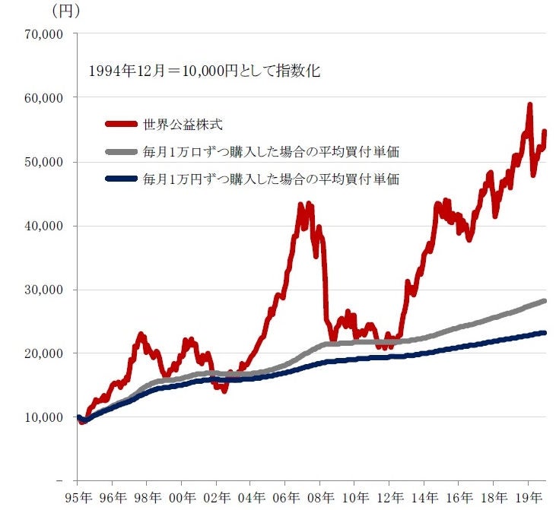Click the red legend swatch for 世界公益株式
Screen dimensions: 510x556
(x=119, y=123)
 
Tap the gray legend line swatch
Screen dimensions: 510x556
(x=119, y=152)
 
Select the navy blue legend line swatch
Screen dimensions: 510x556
(x=119, y=180)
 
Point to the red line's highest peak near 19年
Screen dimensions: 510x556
(x=529, y=105)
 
